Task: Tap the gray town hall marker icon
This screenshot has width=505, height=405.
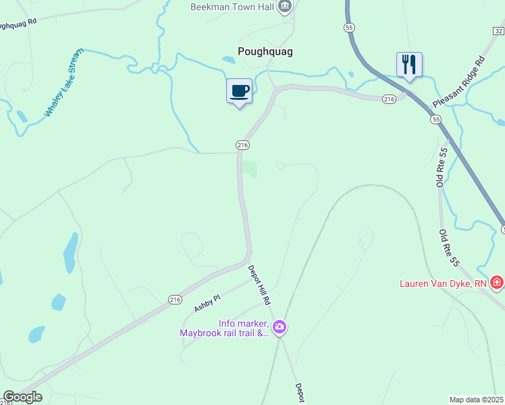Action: click(x=285, y=7)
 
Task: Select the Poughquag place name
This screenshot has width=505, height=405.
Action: click(x=265, y=51)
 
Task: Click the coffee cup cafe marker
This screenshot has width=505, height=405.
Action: click(x=239, y=91)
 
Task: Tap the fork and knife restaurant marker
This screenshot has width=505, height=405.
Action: click(x=409, y=65)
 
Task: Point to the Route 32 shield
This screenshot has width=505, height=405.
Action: click(x=498, y=30)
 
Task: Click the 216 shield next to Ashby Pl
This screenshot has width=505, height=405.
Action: click(x=175, y=299)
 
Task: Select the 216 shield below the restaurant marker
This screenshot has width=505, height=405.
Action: click(x=388, y=99)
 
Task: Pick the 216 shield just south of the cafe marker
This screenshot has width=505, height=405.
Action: click(x=243, y=145)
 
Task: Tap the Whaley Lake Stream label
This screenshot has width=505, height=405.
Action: click(x=64, y=82)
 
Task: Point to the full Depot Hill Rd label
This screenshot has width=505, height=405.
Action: click(x=259, y=284)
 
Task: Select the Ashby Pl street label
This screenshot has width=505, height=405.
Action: click(x=207, y=303)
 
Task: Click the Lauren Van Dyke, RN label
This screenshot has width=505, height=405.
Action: click(x=443, y=283)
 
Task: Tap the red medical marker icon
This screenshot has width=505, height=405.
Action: click(x=497, y=282)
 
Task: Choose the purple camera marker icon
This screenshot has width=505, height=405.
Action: click(x=280, y=328)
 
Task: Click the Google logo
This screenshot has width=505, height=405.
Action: click(x=23, y=397)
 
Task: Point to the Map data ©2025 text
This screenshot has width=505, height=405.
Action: click(x=477, y=400)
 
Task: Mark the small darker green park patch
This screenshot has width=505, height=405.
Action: click(x=250, y=169)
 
